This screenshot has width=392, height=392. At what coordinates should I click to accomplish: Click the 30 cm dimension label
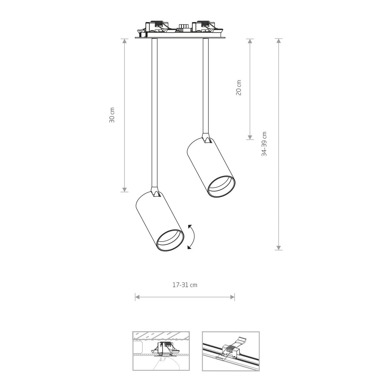coord(112,115)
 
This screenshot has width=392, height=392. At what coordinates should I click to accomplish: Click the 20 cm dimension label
coord(238,88)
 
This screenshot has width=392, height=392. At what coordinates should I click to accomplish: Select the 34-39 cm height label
coord(264,144)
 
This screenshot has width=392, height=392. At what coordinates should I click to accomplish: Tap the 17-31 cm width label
coord(185,285)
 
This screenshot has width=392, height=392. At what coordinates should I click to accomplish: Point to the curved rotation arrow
coord(193,237)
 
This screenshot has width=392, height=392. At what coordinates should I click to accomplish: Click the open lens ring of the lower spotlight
coord(171,241)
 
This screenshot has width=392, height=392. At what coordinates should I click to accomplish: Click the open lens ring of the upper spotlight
coord(222,187)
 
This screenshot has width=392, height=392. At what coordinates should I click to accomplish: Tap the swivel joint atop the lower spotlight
coord(155,192)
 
